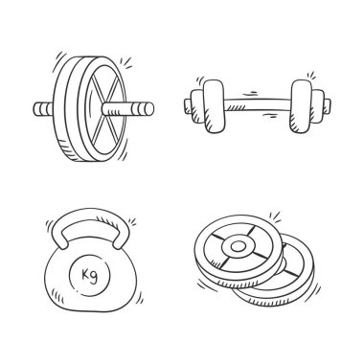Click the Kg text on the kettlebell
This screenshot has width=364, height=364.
[89, 275]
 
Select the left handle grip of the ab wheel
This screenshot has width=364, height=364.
[43, 109]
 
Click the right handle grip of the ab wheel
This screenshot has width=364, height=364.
[127, 108]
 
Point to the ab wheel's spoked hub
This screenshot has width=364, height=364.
[102, 108]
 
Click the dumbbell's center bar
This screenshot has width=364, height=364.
[257, 104]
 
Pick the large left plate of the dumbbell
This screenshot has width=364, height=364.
[214, 106]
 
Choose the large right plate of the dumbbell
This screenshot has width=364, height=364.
[301, 106]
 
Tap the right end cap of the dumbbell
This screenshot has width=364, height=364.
[328, 105]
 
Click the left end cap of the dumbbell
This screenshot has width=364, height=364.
[188, 106]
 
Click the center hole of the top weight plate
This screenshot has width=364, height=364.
[238, 246]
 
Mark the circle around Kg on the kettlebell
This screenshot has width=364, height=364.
[90, 275]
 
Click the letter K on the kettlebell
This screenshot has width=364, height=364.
[85, 274]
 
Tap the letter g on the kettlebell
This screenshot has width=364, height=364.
[94, 277]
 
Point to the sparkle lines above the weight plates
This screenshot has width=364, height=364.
[275, 216]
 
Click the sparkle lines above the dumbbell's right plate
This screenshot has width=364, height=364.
[310, 76]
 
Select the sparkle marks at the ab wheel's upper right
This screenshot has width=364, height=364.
[126, 62]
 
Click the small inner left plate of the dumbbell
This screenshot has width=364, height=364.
[197, 106]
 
